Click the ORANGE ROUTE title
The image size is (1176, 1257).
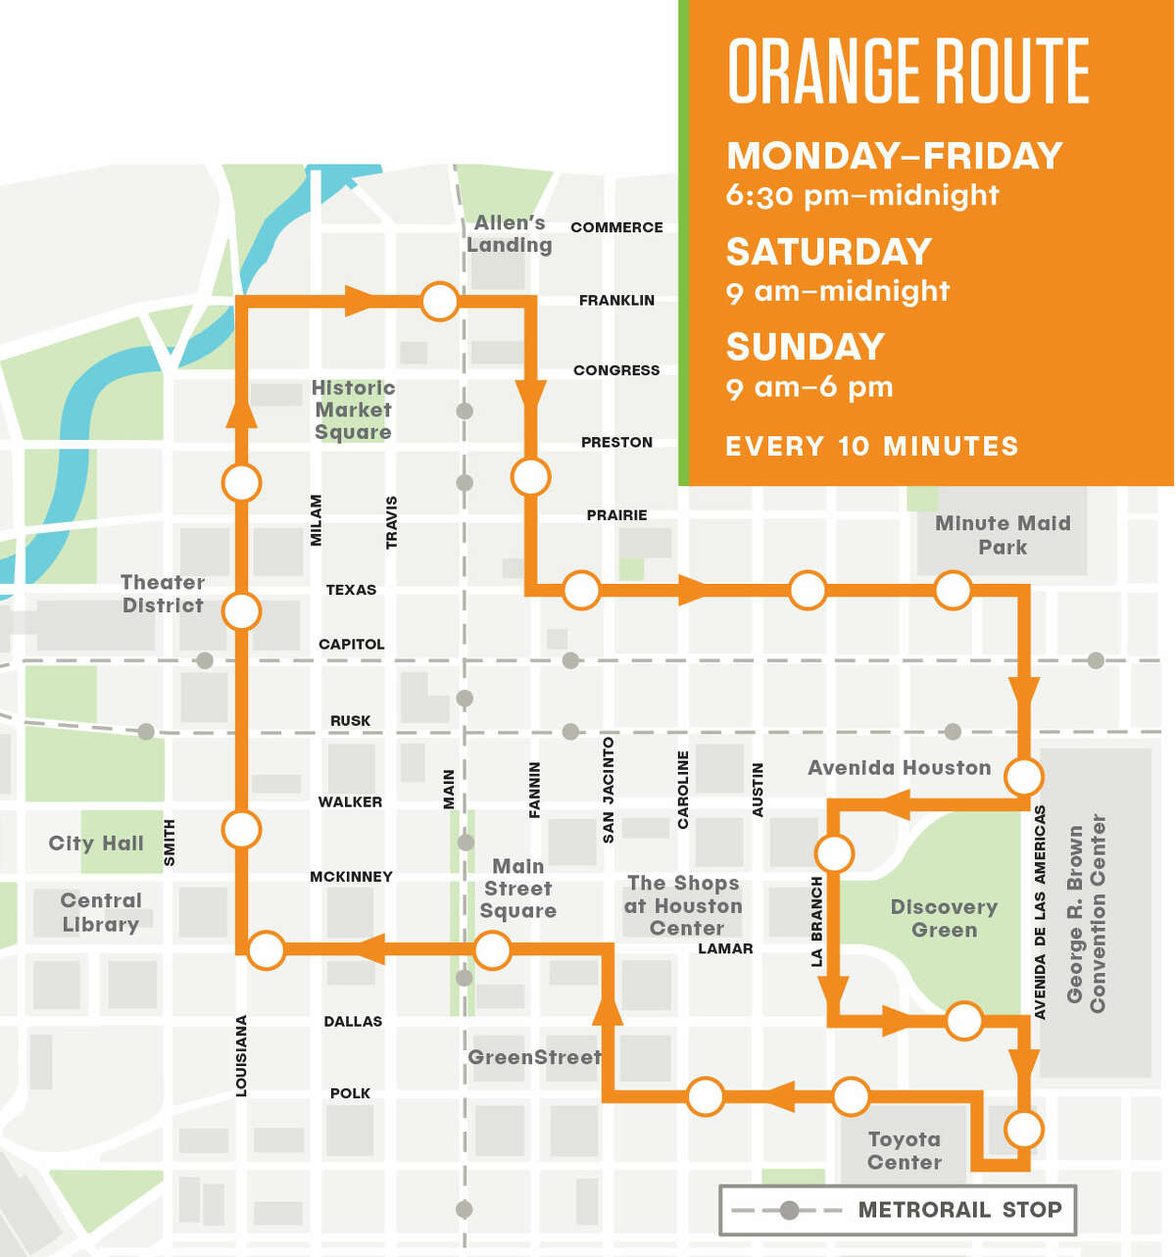pos(908,71)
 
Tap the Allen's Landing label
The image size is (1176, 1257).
pos(509,234)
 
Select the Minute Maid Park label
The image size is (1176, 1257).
pos(1003,535)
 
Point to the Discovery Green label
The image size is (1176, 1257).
pos(944,918)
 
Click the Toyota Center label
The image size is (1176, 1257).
pos(905,1150)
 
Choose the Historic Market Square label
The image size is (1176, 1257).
pos(353,410)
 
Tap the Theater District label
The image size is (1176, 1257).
pos(163,594)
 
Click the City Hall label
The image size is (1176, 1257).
pos(96,843)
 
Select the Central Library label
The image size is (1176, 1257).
pos(101,912)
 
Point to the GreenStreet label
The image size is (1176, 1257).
pos(534,1057)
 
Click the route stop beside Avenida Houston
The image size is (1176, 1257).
pos(1024,777)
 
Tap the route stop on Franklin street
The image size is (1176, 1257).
pos(439,301)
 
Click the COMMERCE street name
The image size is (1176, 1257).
pos(616,227)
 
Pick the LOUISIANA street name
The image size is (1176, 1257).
pos(241,1055)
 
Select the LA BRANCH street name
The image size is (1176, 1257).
pos(817,922)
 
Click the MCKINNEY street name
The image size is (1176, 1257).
pos(351,877)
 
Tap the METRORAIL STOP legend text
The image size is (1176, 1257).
pos(959,1210)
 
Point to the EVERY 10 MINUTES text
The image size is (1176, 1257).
pos(871,447)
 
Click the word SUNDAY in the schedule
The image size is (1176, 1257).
pos(805,347)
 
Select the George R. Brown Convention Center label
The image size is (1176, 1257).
pos(1086,913)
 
